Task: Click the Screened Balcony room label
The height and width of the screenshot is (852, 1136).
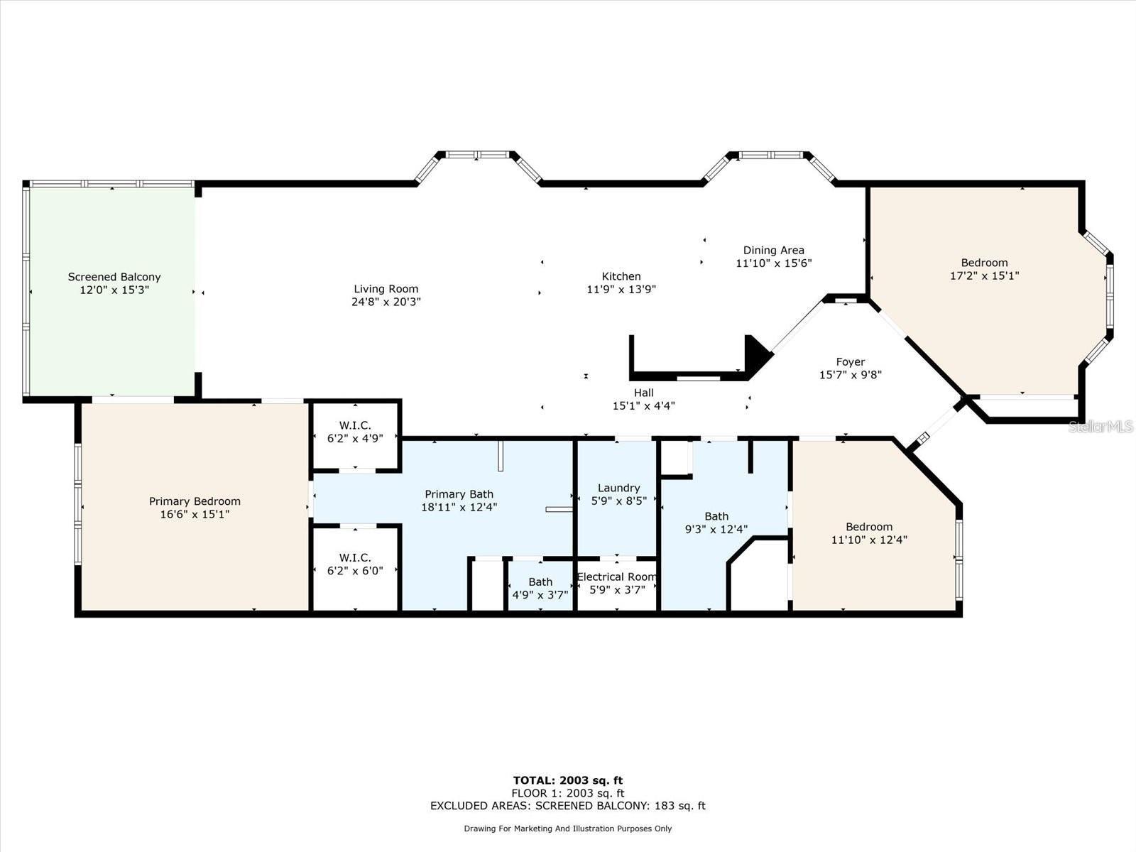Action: (x=114, y=277)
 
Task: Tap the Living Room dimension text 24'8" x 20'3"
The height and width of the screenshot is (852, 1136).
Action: (x=386, y=302)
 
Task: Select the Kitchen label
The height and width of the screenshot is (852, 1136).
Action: (x=621, y=276)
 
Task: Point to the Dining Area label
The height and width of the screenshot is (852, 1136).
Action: (x=773, y=250)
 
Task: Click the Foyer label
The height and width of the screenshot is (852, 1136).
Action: (x=850, y=362)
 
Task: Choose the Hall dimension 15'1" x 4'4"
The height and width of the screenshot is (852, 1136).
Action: (x=643, y=406)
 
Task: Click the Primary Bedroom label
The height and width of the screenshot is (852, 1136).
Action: (x=195, y=501)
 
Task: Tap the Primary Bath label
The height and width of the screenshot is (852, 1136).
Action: (x=459, y=494)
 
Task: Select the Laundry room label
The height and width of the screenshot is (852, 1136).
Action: (x=618, y=488)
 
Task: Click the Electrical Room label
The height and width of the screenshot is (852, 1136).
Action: (x=616, y=577)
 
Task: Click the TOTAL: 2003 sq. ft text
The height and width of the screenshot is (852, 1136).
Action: (x=568, y=780)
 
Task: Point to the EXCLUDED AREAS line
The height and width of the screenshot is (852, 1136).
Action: (x=568, y=806)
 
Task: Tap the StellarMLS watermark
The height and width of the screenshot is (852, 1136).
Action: (x=1101, y=426)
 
